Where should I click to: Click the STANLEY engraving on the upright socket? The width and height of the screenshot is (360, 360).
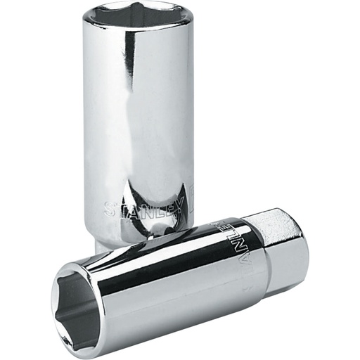point(148,208)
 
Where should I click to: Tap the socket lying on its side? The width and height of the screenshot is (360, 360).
point(176,281)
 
